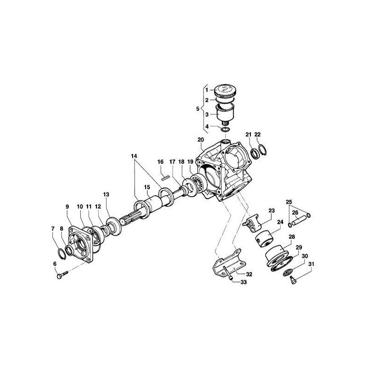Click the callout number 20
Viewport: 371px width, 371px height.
pyautogui.click(x=200, y=140)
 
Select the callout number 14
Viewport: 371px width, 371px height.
pyautogui.click(x=134, y=157)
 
